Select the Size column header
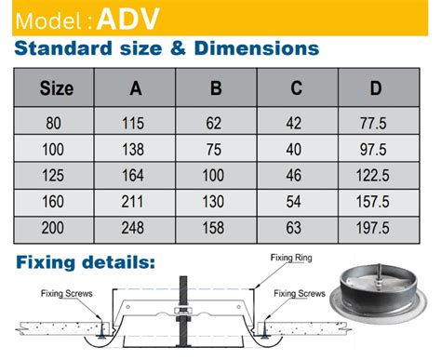click(x=58, y=90)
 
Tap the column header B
click(x=216, y=90)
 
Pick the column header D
click(x=375, y=90)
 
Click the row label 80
click(x=58, y=122)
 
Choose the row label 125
click(x=58, y=174)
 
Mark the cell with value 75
click(x=216, y=148)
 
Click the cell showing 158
click(x=216, y=226)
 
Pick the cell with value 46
click(x=296, y=174)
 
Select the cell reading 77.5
click(x=375, y=122)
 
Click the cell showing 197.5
click(x=375, y=226)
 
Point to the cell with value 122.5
click(x=375, y=174)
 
